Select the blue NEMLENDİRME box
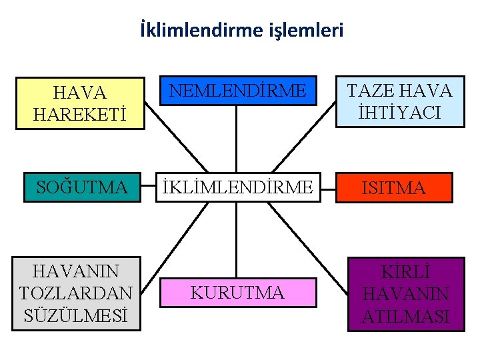236,91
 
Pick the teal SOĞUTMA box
82,187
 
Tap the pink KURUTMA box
236,293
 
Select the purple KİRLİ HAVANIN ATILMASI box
405,294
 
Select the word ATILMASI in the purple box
405,317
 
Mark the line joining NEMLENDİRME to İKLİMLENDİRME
237,139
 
